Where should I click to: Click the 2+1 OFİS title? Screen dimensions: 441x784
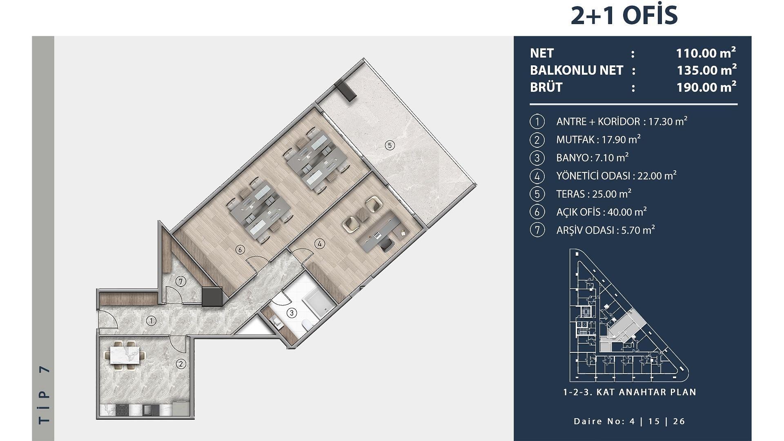click(624, 16)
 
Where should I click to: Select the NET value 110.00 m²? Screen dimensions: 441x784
click(706, 53)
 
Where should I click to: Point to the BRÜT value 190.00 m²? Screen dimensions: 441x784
click(706, 87)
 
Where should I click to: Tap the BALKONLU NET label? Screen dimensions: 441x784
click(576, 70)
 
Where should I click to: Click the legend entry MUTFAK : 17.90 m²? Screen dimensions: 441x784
click(598, 140)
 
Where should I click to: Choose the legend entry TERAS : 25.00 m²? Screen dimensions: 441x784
click(593, 194)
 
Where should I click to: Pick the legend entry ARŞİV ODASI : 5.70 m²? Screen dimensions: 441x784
click(605, 230)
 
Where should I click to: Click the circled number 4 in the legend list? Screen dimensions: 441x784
click(537, 176)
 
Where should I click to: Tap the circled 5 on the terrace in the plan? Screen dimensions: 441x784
click(390, 145)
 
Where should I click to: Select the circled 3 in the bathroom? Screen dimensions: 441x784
click(292, 313)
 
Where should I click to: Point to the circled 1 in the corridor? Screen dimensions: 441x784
click(151, 321)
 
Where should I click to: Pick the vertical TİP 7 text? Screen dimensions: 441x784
click(44, 394)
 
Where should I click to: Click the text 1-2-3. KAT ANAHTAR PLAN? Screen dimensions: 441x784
click(629, 392)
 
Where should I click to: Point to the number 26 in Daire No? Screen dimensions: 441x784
click(679, 421)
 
